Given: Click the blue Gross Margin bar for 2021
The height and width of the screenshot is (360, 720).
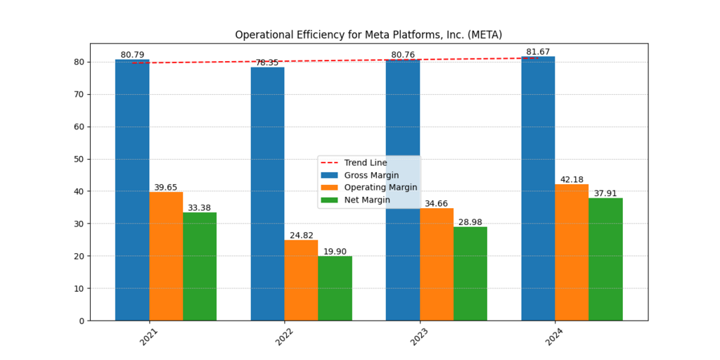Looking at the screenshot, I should point(132,190).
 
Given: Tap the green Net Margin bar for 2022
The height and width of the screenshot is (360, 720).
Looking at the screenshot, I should point(335,288).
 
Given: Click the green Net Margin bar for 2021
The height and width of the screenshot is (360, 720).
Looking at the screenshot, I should point(200,266).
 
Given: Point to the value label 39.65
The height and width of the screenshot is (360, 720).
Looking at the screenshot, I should point(166,188).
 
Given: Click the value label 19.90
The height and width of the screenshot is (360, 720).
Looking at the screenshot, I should point(335,252).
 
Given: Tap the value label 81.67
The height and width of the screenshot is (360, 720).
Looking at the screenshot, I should point(538,52).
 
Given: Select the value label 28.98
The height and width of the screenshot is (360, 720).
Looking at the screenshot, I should point(470,222).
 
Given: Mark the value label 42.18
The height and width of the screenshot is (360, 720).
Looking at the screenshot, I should point(572,179).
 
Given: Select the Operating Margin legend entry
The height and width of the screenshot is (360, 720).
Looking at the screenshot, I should point(380,188).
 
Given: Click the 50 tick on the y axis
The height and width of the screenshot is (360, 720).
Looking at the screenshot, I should point(79,159).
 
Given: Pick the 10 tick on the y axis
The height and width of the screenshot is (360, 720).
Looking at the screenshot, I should point(79,288).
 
